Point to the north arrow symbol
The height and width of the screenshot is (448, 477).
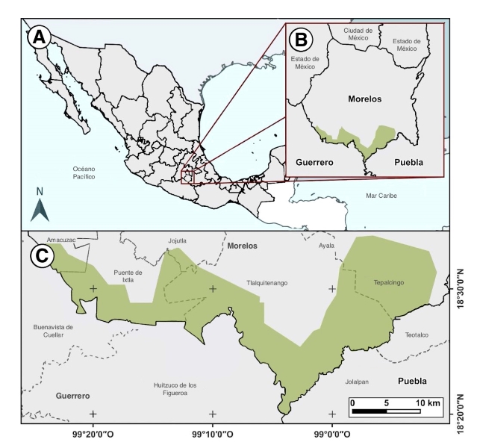point(40,205)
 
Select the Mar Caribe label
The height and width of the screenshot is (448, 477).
point(381,196)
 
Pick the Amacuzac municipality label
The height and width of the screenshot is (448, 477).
point(62,240)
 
